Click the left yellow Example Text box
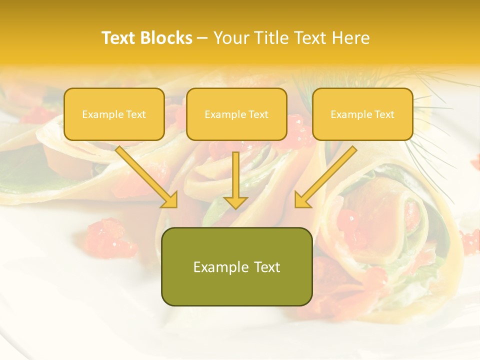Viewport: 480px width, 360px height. [x=114, y=114]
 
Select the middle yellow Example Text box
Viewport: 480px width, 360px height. [x=236, y=114]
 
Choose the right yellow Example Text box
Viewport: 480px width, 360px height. [x=362, y=114]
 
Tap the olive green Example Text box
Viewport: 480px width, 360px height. [x=236, y=266]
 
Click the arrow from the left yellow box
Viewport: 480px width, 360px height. [x=145, y=175]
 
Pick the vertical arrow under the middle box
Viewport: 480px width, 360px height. [x=235, y=177]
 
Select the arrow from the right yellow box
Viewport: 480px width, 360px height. [x=327, y=175]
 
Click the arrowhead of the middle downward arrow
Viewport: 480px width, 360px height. [x=235, y=201]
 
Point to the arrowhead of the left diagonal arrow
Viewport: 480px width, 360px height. [x=170, y=199]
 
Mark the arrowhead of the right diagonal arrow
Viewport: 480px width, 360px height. [x=302, y=199]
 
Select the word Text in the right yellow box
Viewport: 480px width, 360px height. [x=384, y=114]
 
